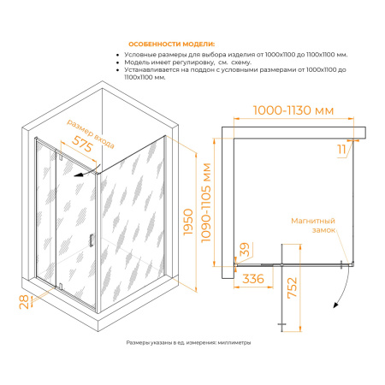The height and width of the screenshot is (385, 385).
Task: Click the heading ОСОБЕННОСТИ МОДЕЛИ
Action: pos(171,44)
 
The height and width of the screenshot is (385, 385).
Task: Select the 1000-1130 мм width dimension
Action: pos(293,110)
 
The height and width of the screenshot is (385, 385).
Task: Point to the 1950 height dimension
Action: pos(188,222)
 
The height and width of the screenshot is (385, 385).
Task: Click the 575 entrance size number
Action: pos(82,144)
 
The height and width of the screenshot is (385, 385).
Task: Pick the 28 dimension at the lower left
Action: pos(24,302)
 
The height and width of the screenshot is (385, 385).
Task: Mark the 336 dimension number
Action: pos(253,279)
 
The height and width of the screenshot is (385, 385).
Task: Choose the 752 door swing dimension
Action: pos(292,287)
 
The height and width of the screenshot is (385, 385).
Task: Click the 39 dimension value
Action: pos(245,249)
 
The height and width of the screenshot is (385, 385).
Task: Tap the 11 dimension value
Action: pos(341,149)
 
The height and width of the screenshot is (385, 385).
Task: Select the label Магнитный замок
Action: pos(313,225)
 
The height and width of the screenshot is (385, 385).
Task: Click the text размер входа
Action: pos(91,133)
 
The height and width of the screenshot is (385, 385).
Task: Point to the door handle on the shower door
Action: pos(92,240)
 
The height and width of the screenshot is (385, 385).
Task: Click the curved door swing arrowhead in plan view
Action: pos(336,305)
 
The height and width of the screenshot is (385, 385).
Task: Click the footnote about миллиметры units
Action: pos(188,342)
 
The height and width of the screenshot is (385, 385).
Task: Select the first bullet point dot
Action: pos(117,55)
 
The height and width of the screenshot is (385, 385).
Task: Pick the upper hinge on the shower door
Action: pos(61,156)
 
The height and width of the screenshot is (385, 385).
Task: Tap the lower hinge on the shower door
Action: pos(61,286)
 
